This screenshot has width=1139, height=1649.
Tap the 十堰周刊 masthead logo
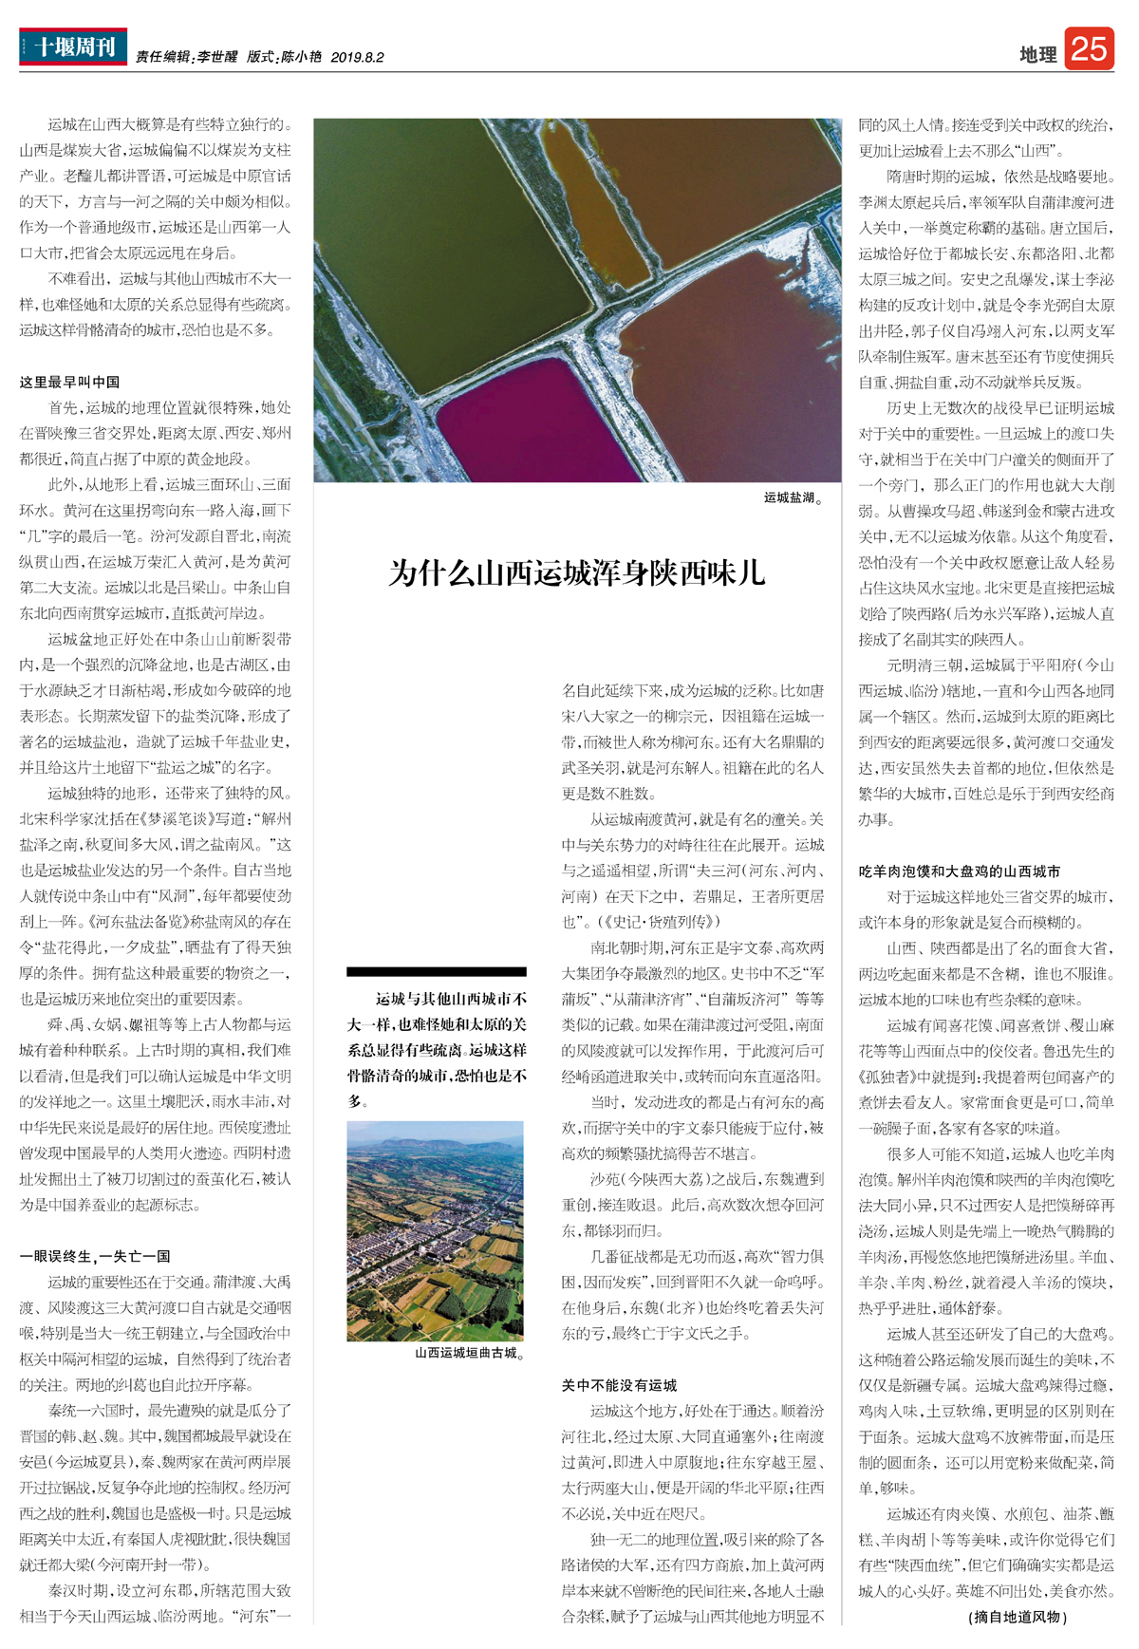point(73,47)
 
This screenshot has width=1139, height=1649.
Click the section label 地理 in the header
point(1037,55)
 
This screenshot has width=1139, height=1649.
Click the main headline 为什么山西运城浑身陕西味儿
point(577,573)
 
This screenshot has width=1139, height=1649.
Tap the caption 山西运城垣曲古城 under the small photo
point(469,1353)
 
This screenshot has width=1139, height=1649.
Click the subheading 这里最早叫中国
point(69,382)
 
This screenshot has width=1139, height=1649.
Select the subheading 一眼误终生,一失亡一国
point(95,1256)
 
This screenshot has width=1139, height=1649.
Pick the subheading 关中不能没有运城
point(619,1385)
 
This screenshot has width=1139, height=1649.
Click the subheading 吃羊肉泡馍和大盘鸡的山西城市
point(960,871)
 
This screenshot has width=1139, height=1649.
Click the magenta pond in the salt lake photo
point(532,418)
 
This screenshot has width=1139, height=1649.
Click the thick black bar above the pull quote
point(437,971)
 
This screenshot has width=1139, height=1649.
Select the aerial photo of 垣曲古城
point(435,1230)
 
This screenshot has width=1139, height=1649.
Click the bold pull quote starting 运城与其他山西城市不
point(437,1049)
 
